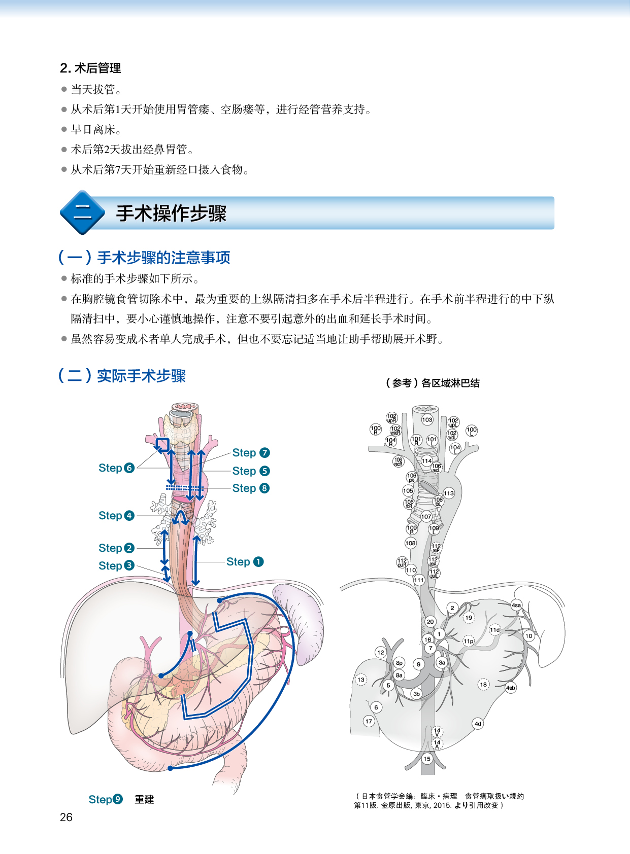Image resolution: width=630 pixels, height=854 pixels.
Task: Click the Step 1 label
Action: point(245,562)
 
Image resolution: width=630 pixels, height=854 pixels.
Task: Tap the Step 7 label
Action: point(251,453)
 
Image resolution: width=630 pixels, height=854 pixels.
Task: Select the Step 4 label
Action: point(116,516)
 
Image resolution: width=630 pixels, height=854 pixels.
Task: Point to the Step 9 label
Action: point(106,800)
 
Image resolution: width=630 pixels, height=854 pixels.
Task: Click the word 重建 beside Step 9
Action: point(144,800)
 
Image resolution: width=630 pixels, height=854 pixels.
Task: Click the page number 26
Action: point(66,817)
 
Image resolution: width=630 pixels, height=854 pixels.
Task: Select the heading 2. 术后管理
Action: point(90,68)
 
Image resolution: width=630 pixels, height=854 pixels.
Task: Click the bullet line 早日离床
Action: point(96,130)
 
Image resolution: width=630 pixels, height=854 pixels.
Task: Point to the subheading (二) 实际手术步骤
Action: point(122,376)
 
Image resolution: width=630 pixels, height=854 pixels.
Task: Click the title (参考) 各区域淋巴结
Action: point(433,383)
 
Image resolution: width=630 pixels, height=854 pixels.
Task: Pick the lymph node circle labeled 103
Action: point(427,419)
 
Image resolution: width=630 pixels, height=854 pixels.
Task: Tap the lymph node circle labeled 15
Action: point(427,759)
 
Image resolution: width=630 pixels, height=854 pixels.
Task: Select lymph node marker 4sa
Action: point(516,605)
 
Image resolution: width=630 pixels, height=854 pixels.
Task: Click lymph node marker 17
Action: point(369,721)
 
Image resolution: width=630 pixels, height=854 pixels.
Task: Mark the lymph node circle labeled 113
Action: point(449,493)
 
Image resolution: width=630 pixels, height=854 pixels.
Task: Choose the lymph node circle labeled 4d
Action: point(478,724)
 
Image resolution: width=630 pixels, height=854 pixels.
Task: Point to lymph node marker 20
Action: point(430,621)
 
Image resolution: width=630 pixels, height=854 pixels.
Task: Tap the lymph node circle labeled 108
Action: point(411,543)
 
